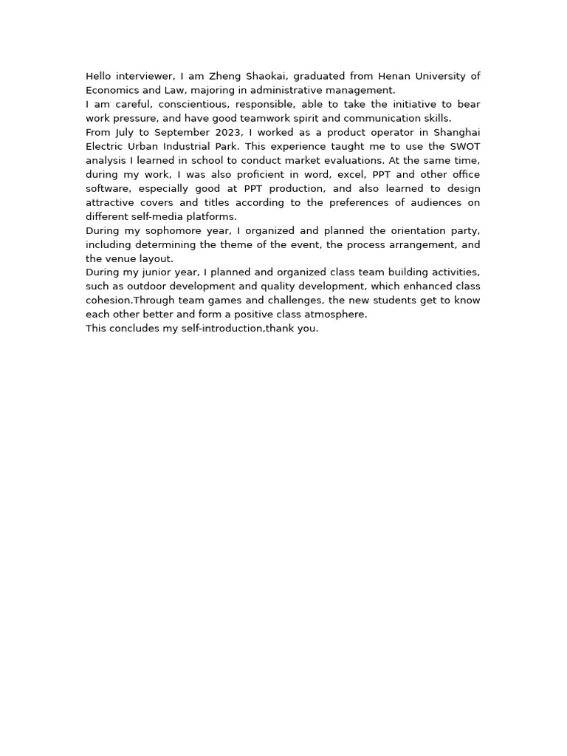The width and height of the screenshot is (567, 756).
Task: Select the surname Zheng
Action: [x=224, y=76]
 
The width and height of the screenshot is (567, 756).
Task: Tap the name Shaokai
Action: [x=264, y=76]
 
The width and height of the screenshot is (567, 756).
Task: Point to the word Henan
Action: [x=394, y=76]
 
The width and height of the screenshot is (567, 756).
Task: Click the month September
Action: [x=183, y=132]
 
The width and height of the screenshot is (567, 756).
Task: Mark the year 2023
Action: [x=231, y=132]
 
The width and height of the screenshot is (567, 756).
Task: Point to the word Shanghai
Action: [x=456, y=132]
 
